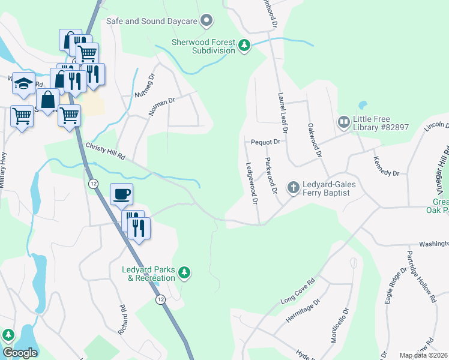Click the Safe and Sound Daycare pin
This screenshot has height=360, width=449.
tap(207, 21)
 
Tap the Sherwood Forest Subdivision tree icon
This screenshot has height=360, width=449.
tap(244, 46)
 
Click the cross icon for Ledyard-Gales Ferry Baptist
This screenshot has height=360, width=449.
tap(293, 188)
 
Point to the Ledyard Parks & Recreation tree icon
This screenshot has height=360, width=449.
tap(185, 273)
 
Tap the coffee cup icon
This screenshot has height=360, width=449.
tap(121, 194)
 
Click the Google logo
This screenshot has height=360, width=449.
tap(20, 353)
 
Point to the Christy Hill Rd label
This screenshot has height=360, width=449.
tap(105, 151)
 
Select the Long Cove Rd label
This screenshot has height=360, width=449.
tap(298, 292)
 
